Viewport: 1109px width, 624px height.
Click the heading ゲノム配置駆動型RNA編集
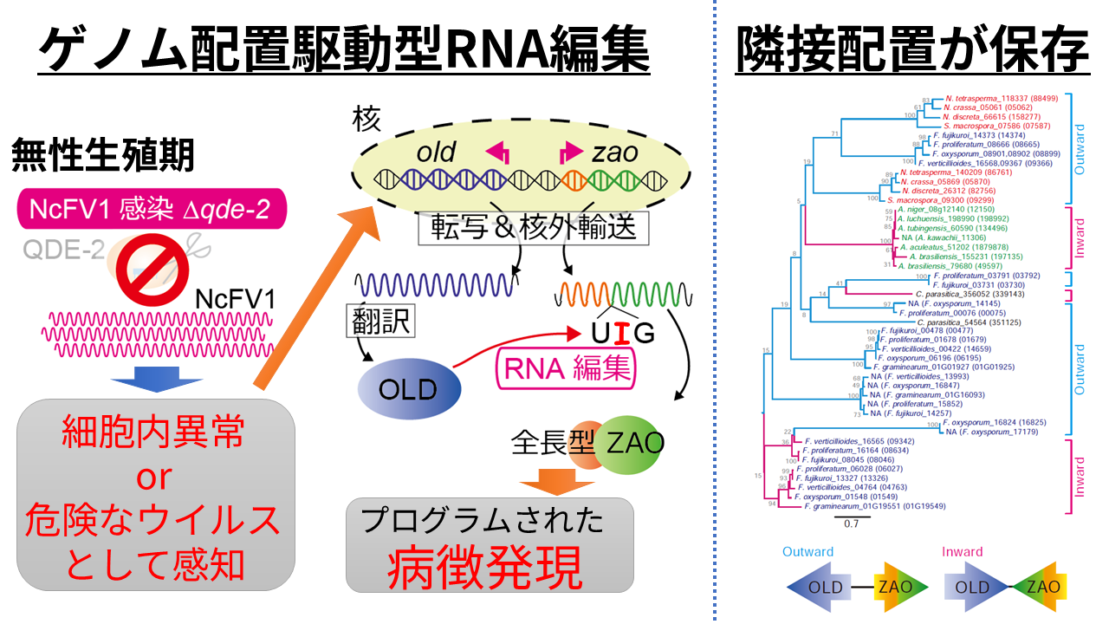tap(344, 50)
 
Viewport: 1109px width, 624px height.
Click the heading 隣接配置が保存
tap(911, 50)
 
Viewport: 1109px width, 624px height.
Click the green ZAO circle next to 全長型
tap(630, 444)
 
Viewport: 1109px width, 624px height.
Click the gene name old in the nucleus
tap(436, 153)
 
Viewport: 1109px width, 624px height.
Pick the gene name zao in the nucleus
tap(615, 153)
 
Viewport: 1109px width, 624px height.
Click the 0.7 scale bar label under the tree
tap(851, 523)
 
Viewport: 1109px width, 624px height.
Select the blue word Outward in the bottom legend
tap(807, 552)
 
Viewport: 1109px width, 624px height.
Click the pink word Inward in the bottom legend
tap(963, 552)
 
